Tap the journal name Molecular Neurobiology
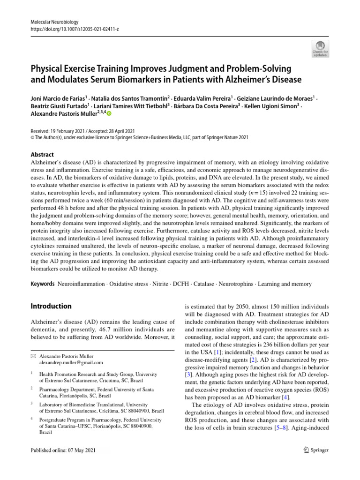click(x=54, y=22)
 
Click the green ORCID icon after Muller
click(x=110, y=113)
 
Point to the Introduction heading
click(x=51, y=306)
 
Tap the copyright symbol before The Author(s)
click(x=33, y=137)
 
